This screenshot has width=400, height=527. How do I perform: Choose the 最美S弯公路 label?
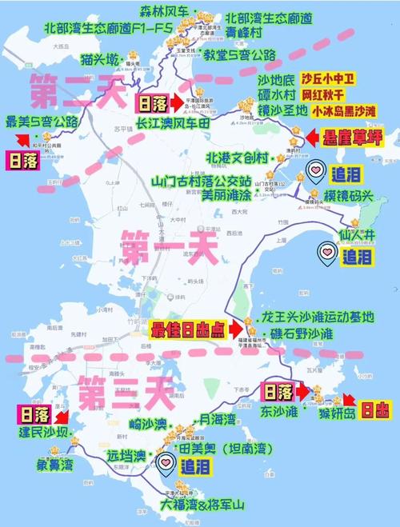pos(42,122)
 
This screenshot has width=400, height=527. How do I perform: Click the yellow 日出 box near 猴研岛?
pos(374,411)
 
